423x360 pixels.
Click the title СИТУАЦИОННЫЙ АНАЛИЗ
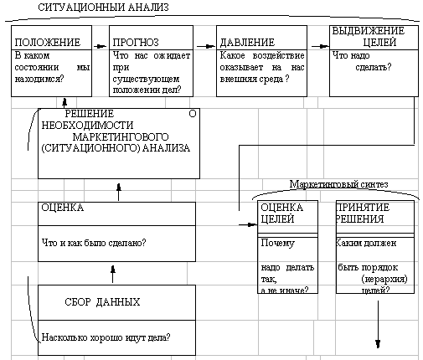pyautogui.click(x=103, y=8)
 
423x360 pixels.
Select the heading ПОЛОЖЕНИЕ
pyautogui.click(x=48, y=43)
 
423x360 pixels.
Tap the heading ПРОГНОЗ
pyautogui.click(x=136, y=43)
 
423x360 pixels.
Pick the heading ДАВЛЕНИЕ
pyautogui.click(x=247, y=43)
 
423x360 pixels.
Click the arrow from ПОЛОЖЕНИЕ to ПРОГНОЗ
pyautogui.click(x=101, y=46)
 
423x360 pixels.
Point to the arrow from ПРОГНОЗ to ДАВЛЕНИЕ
pyautogui.click(x=206, y=46)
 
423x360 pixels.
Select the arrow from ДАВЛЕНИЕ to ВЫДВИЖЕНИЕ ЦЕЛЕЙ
pyautogui.click(x=320, y=46)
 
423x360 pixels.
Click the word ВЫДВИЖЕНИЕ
pyautogui.click(x=369, y=31)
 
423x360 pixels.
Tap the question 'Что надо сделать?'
pyautogui.click(x=362, y=61)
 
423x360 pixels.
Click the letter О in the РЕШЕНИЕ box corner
pyautogui.click(x=193, y=114)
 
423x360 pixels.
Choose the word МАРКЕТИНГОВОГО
pyautogui.click(x=121, y=136)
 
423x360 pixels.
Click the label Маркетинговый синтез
pyautogui.click(x=338, y=184)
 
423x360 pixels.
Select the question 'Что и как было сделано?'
pyautogui.click(x=94, y=243)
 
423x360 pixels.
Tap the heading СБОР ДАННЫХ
pyautogui.click(x=102, y=302)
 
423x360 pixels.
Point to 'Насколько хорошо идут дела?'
pyautogui.click(x=106, y=337)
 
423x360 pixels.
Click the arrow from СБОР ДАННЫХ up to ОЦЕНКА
pyautogui.click(x=113, y=274)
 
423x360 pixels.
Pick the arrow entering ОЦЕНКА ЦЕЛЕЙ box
pyautogui.click(x=248, y=224)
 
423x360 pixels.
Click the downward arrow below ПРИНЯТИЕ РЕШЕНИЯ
pyautogui.click(x=378, y=324)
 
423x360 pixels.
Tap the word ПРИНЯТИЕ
pyautogui.click(x=363, y=208)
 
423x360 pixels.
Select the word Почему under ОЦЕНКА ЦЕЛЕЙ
pyautogui.click(x=277, y=243)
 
